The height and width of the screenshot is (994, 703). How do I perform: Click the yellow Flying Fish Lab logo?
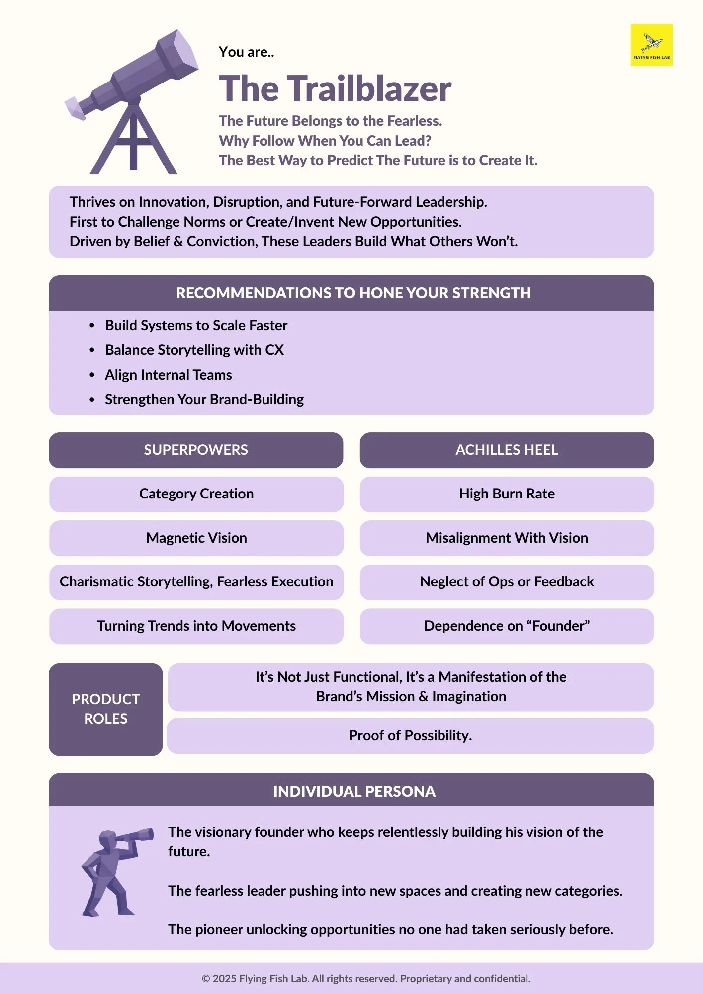[x=651, y=45]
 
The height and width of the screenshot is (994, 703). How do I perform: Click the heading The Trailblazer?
[x=335, y=89]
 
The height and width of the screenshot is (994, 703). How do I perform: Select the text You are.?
[x=246, y=52]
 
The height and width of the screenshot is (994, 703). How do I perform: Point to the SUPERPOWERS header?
[x=196, y=450]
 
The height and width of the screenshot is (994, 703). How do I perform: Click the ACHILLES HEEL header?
[x=507, y=450]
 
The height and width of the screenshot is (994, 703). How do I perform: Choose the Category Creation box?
[x=196, y=494]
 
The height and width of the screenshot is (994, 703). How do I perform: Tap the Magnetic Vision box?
[x=196, y=538]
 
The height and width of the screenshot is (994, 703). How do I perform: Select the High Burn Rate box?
[x=507, y=494]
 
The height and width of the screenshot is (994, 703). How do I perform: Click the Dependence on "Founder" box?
[x=507, y=626]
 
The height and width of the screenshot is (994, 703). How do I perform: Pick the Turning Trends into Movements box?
[x=196, y=626]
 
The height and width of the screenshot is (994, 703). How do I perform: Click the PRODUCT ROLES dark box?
[x=105, y=709]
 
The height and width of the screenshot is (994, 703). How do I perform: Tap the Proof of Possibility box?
[x=410, y=736]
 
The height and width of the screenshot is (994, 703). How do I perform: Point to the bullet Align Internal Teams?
[x=168, y=375]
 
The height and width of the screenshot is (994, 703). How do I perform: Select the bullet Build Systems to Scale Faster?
[x=196, y=325]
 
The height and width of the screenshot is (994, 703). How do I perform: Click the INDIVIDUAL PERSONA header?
[x=354, y=791]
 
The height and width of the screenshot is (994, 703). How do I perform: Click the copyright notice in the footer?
[x=366, y=979]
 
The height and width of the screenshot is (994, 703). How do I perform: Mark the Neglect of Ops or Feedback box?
[x=507, y=582]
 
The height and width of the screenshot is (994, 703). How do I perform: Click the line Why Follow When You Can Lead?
[x=325, y=141]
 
